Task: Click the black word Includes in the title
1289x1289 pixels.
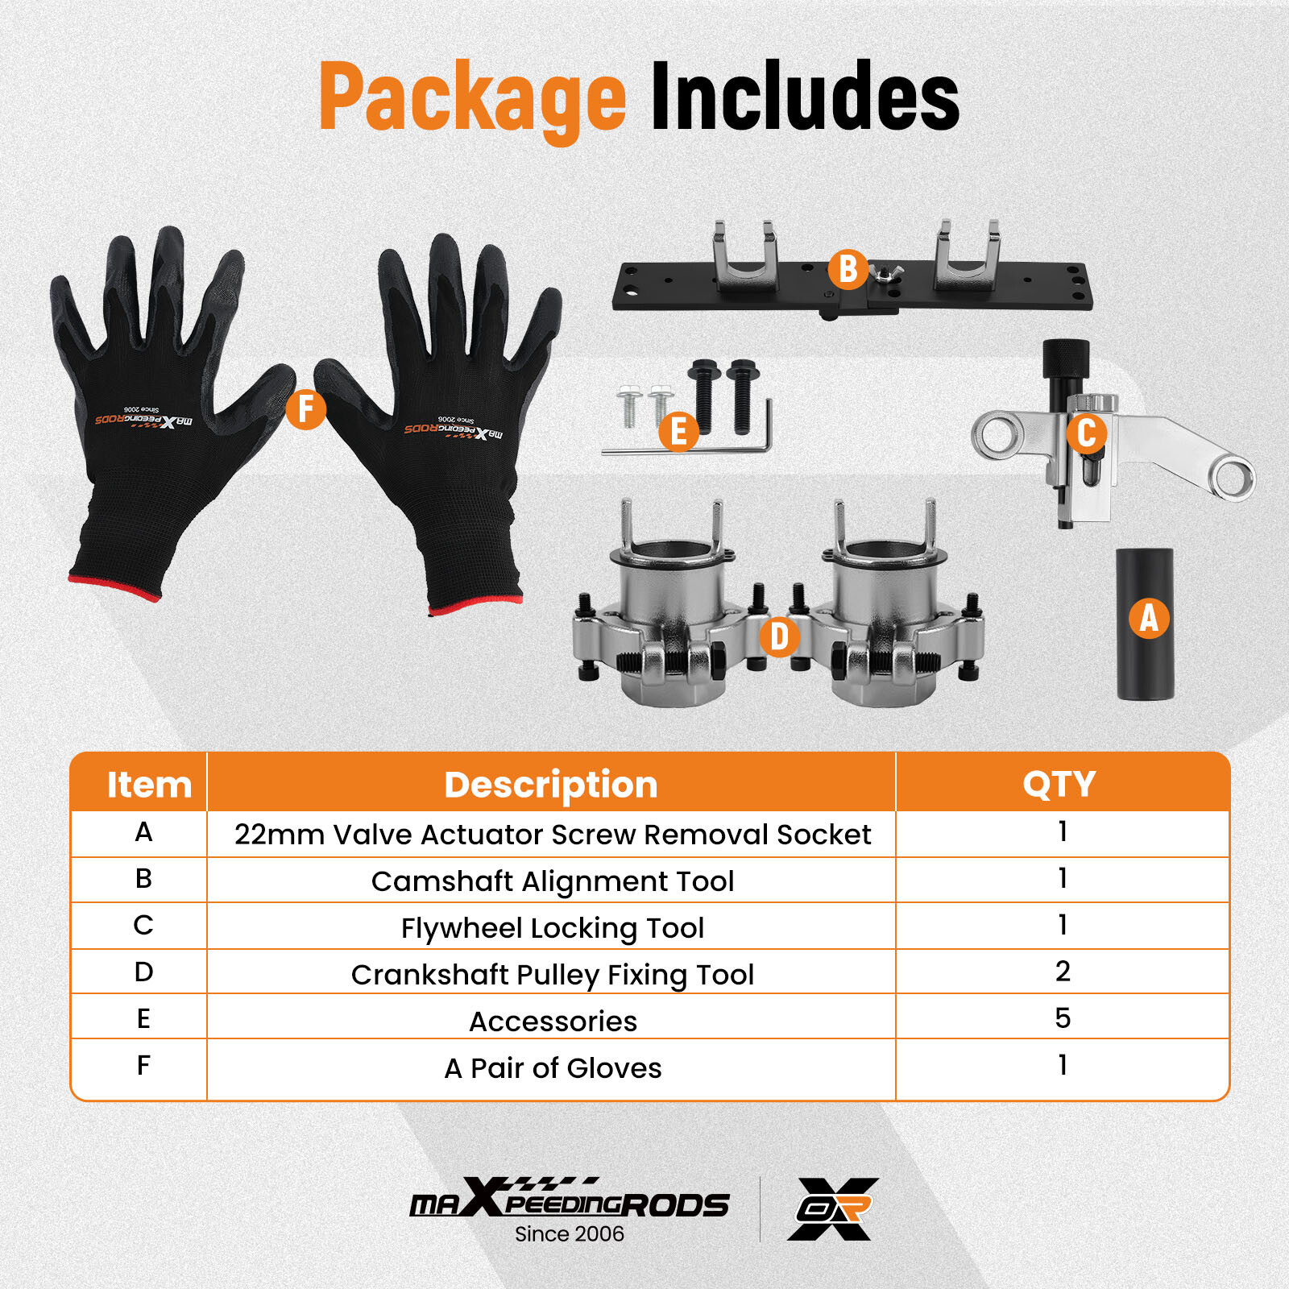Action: click(x=805, y=96)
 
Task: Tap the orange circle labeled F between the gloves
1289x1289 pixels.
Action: click(x=305, y=409)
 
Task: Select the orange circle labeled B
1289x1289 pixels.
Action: click(x=848, y=270)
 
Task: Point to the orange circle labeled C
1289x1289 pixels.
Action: click(x=1086, y=433)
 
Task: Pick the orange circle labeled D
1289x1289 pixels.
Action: click(x=779, y=636)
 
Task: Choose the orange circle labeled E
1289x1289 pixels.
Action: click(x=678, y=431)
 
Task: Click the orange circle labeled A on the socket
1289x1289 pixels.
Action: click(x=1149, y=618)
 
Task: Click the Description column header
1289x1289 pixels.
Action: click(x=551, y=784)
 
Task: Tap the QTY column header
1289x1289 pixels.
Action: click(x=1059, y=784)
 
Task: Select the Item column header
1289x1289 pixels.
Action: click(x=149, y=784)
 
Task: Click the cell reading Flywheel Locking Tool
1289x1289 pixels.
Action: click(x=553, y=928)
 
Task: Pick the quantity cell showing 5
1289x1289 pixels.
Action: click(x=1063, y=1018)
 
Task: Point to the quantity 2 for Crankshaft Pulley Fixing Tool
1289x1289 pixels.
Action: click(x=1063, y=972)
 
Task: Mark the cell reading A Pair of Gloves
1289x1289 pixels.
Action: click(x=553, y=1068)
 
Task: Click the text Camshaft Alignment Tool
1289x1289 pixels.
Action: click(x=553, y=881)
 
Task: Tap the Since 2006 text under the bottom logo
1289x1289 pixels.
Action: click(x=570, y=1233)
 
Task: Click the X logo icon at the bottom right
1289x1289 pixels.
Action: click(x=833, y=1208)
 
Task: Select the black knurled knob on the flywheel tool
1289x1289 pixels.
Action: click(x=1066, y=359)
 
